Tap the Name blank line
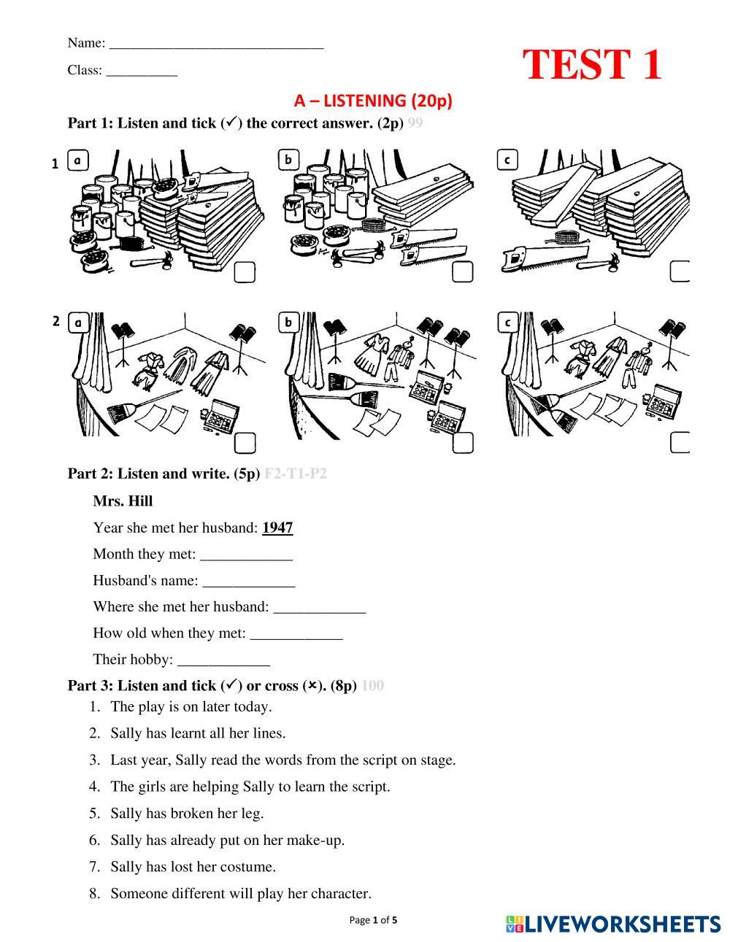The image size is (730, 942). (216, 45)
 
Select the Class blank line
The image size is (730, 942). (142, 72)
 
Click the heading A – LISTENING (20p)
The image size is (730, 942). (373, 101)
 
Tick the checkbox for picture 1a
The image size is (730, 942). (245, 272)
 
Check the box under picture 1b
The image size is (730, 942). (463, 272)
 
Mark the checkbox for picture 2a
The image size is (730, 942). (245, 443)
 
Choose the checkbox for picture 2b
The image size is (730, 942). (463, 443)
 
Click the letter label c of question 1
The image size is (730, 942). (507, 160)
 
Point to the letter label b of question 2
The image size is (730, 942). (289, 322)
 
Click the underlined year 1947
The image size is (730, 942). (277, 528)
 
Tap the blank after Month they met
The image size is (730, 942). (246, 556)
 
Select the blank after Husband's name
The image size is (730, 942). (249, 582)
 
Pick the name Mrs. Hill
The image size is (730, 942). (123, 501)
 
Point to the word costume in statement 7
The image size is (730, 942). (249, 867)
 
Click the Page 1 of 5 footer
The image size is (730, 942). (373, 920)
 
